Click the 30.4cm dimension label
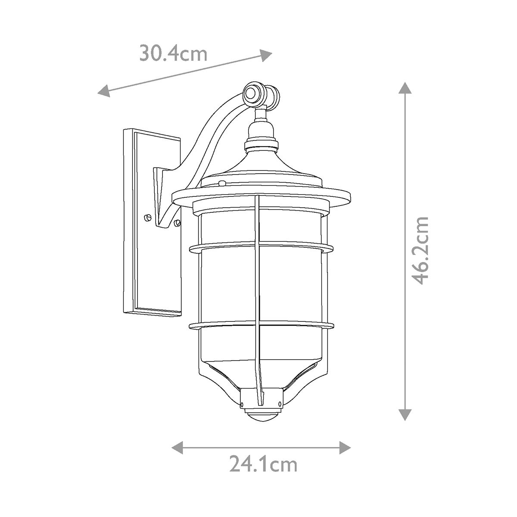point(173,54)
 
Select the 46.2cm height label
point(419,250)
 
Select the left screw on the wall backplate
point(148,217)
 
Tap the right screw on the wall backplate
point(176,222)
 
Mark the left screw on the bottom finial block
point(243,404)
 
